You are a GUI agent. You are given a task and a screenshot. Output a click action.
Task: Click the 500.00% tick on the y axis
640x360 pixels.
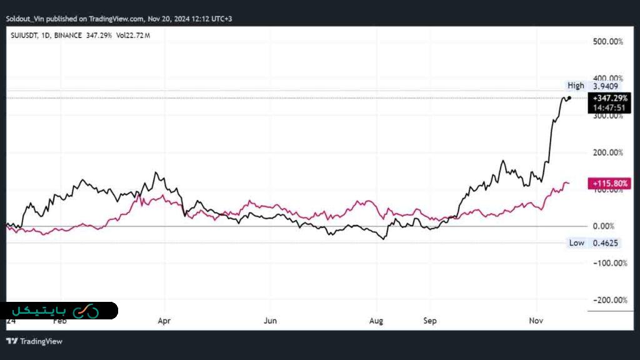pyautogui.click(x=607, y=41)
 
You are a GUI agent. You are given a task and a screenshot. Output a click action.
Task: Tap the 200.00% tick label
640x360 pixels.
pyautogui.click(x=607, y=152)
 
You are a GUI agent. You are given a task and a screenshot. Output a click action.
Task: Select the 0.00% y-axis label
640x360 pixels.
pyautogui.click(x=603, y=226)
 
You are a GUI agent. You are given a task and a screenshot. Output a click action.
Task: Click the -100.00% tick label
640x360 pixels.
pyautogui.click(x=607, y=263)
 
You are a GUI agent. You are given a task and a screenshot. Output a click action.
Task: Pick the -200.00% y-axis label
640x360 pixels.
pyautogui.click(x=607, y=300)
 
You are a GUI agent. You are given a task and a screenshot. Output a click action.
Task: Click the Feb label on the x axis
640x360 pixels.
pyautogui.click(x=59, y=321)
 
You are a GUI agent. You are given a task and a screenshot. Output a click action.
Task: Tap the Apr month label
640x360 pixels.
pyautogui.click(x=164, y=321)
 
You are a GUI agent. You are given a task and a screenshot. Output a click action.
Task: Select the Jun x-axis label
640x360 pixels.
pyautogui.click(x=270, y=321)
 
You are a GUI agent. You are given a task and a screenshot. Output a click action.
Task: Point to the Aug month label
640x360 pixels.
pyautogui.click(x=376, y=321)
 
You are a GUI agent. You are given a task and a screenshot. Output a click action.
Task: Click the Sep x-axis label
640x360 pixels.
pyautogui.click(x=429, y=321)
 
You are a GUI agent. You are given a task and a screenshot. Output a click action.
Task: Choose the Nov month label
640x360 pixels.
pyautogui.click(x=536, y=321)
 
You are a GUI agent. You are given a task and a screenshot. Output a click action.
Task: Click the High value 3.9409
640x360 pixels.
pyautogui.click(x=606, y=86)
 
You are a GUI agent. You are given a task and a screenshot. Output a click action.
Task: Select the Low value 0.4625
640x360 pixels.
pyautogui.click(x=606, y=242)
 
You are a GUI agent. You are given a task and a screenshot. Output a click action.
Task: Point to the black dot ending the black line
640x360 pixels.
pyautogui.click(x=569, y=97)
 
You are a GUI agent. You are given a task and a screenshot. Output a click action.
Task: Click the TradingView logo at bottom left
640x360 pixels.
pyautogui.click(x=34, y=341)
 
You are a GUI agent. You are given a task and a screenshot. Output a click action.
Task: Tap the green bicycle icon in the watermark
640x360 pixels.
pyautogui.click(x=86, y=311)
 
